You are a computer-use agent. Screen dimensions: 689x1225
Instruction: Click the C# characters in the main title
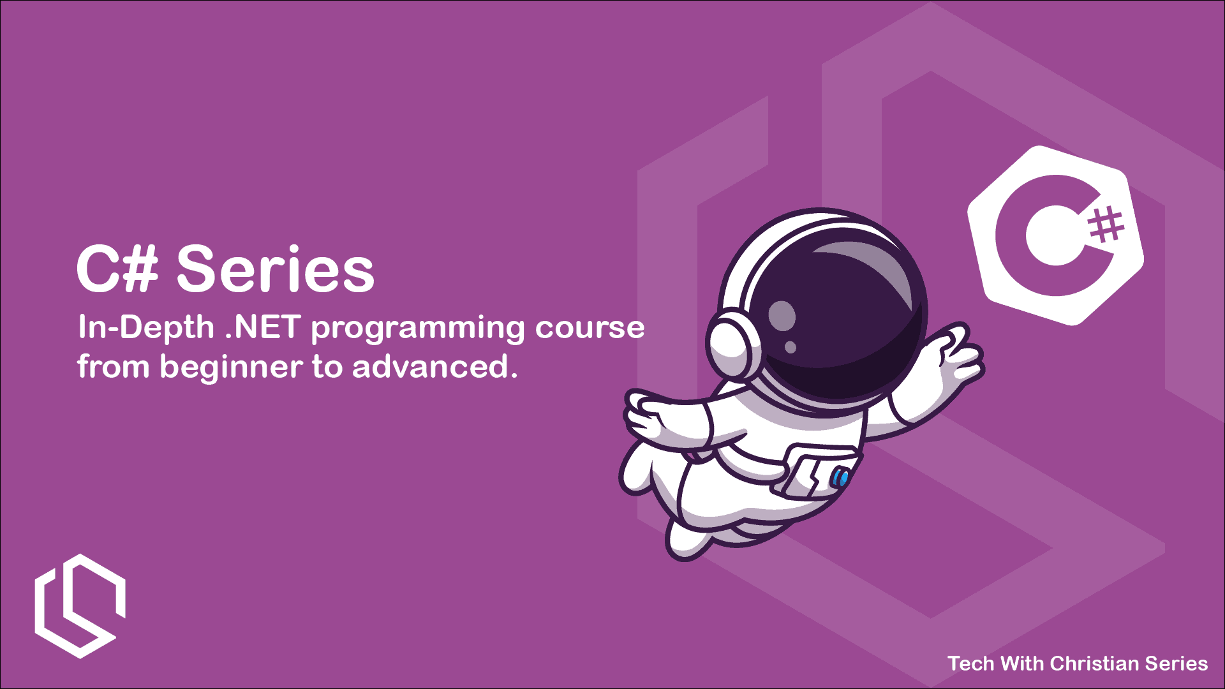pos(117,270)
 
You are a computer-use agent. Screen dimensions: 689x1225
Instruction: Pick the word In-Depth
pos(145,328)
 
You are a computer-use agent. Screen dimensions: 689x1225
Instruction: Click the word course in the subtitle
pos(590,328)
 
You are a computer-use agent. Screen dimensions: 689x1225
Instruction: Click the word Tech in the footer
pos(971,663)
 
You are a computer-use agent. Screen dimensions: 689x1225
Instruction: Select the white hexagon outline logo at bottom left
pos(79,606)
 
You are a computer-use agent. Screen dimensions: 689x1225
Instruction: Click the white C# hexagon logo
pos(1055,236)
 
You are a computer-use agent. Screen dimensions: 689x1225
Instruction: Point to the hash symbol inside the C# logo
pos(1106,225)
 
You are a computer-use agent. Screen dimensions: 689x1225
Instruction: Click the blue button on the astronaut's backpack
pos(841,477)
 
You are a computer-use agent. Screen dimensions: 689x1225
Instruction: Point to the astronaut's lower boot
pos(689,539)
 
